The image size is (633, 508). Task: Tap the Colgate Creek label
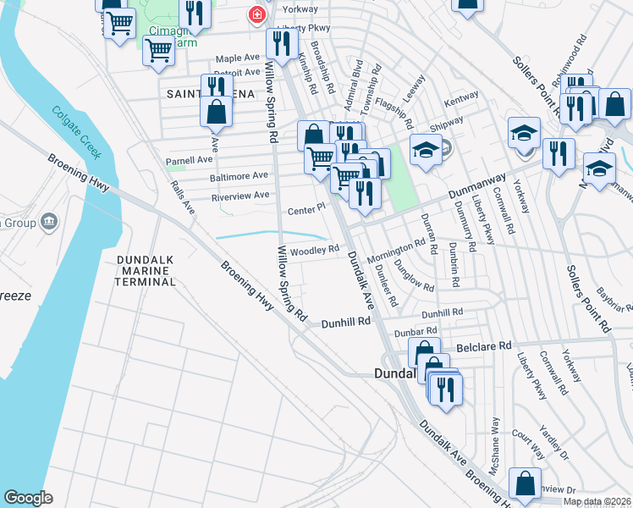click(76, 132)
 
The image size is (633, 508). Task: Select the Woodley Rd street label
click(314, 251)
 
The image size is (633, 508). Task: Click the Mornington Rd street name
click(398, 246)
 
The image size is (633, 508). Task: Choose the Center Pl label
click(306, 208)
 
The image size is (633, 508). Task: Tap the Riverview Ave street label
click(239, 195)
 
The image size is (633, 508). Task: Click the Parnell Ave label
click(189, 159)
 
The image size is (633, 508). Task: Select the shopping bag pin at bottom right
click(525, 484)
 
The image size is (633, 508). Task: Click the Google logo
click(28, 498)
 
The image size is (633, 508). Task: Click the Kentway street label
click(461, 98)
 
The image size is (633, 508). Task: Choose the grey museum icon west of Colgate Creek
click(48, 222)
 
